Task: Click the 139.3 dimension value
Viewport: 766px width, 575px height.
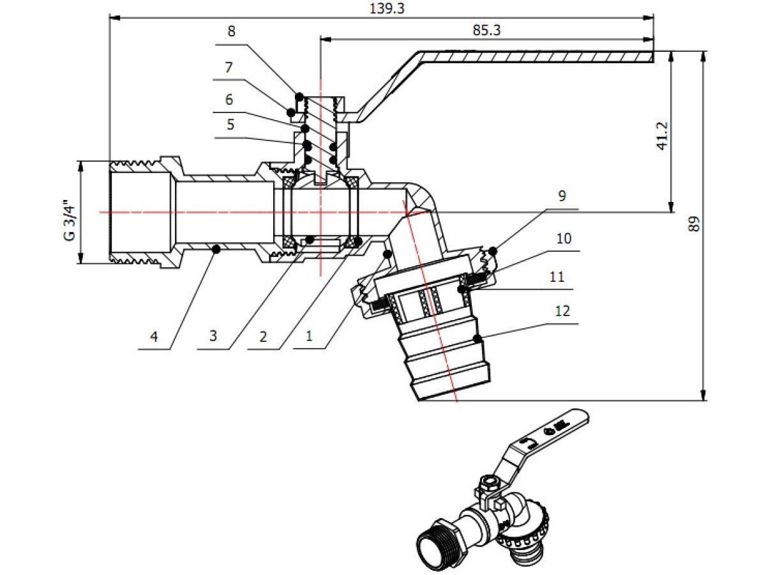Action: click(387, 8)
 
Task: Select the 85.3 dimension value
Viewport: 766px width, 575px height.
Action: click(486, 31)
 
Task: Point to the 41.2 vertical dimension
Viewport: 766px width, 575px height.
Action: click(662, 136)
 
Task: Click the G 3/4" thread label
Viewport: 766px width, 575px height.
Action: click(69, 220)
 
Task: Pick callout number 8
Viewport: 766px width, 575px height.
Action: click(231, 31)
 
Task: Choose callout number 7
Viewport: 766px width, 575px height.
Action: click(229, 67)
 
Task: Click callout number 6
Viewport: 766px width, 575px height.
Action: click(229, 100)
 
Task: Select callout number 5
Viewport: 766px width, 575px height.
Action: click(230, 125)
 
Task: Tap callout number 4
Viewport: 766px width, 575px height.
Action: click(154, 337)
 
